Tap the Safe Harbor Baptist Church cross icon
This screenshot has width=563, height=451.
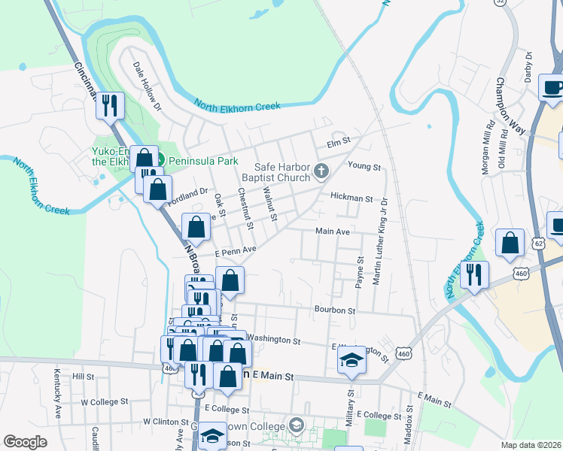click(x=321, y=171)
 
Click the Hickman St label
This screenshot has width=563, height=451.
click(x=351, y=198)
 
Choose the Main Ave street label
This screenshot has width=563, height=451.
click(x=333, y=232)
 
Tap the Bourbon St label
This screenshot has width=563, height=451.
click(x=335, y=310)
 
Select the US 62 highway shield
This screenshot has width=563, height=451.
click(x=537, y=244)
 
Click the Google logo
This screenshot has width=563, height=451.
click(x=26, y=442)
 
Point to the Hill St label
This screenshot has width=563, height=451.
click(x=83, y=377)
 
